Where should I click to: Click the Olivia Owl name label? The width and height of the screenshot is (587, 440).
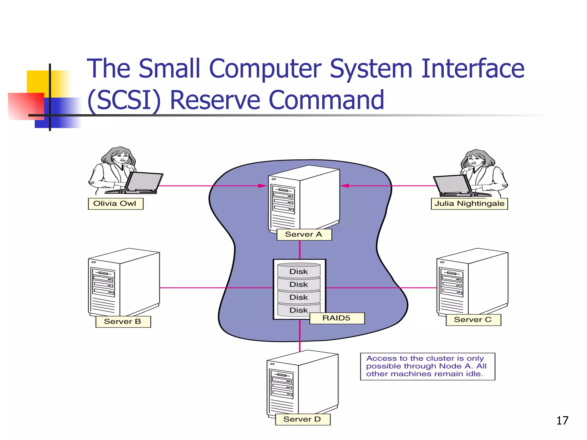[116, 204]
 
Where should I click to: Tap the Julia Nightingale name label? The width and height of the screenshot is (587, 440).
[469, 204]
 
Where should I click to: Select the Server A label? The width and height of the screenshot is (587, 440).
[304, 234]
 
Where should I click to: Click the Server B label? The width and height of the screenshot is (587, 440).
[123, 321]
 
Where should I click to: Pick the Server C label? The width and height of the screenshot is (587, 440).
[473, 320]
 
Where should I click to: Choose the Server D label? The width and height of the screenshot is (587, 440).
[302, 419]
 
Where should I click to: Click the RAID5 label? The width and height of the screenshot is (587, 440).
[337, 318]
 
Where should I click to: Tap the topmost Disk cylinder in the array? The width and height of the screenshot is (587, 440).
[299, 271]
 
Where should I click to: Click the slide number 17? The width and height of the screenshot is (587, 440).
[562, 421]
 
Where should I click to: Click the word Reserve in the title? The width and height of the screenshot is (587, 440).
[215, 100]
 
